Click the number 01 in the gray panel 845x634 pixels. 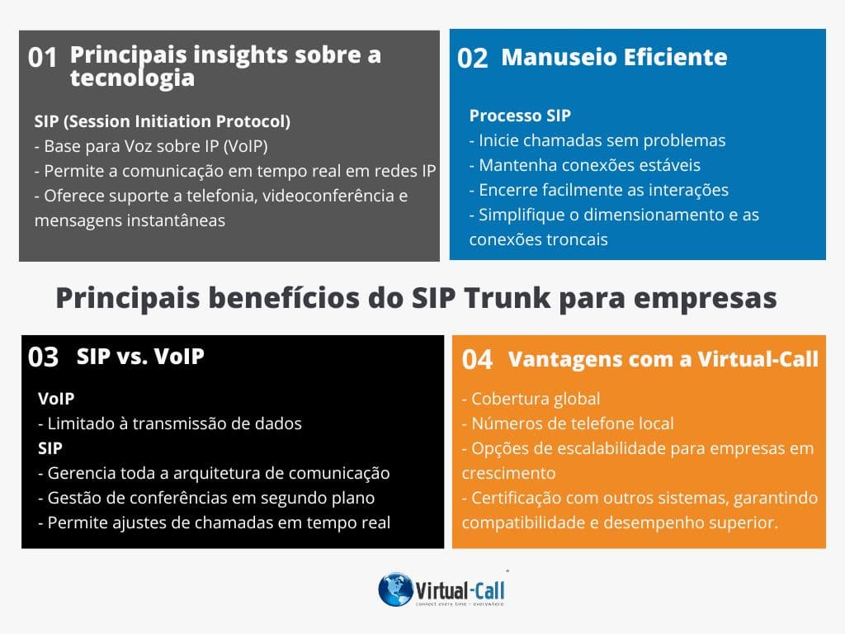[43, 57]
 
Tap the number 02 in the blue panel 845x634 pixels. [473, 58]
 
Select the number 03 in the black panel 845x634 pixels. [44, 357]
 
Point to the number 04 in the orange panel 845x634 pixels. [477, 360]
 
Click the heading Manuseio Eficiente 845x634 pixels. [614, 57]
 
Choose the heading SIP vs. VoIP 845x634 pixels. [140, 357]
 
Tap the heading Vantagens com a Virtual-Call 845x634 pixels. [663, 359]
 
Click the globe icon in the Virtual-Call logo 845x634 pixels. [395, 589]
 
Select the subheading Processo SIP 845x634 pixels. [520, 116]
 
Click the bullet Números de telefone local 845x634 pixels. [568, 423]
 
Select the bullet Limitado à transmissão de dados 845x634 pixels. [170, 423]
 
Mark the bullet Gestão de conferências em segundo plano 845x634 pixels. [206, 498]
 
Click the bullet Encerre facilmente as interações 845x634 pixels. [599, 190]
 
